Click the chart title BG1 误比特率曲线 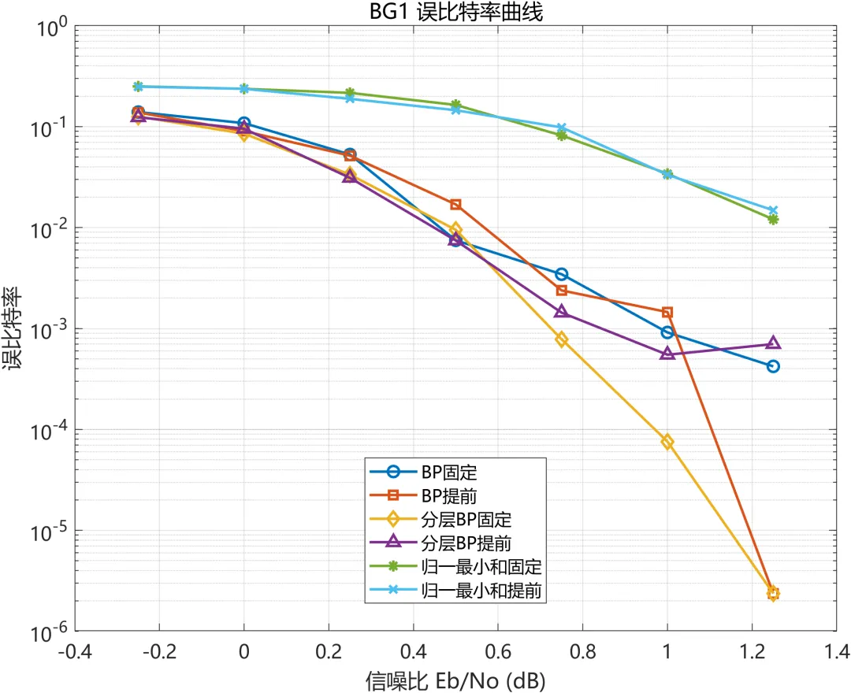[456, 12]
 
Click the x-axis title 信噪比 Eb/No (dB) [455, 680]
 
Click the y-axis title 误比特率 [12, 328]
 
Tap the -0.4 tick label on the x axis [75, 651]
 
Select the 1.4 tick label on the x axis [836, 651]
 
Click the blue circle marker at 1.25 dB [774, 366]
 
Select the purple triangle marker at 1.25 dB [774, 343]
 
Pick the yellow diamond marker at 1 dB [667, 443]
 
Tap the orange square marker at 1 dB [667, 313]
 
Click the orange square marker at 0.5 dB [456, 205]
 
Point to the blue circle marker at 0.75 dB [562, 274]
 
